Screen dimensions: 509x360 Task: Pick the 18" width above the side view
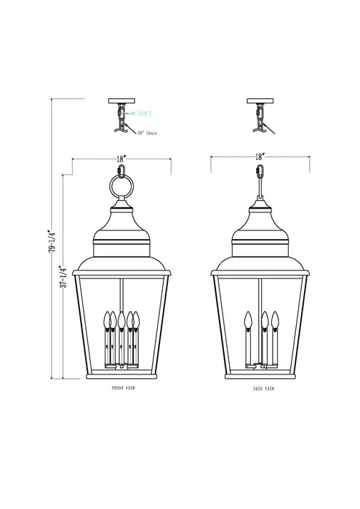259,156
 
